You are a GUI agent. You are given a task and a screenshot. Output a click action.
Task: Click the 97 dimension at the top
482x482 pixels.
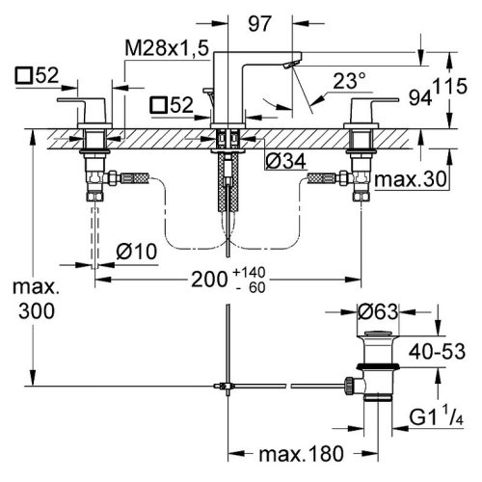[259, 23]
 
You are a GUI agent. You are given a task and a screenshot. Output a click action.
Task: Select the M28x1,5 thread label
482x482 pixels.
[167, 47]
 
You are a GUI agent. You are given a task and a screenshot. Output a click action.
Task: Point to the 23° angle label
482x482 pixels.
[349, 81]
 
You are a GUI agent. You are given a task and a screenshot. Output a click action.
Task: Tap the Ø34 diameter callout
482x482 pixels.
[285, 161]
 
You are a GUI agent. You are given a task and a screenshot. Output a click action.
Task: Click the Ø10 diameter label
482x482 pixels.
[137, 251]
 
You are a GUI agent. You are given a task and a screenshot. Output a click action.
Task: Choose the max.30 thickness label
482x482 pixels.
[411, 179]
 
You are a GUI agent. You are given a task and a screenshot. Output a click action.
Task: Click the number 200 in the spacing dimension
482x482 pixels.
[209, 280]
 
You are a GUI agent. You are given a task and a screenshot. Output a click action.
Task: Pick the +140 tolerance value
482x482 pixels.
[250, 272]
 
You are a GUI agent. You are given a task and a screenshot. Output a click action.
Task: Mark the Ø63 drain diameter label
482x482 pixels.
[378, 311]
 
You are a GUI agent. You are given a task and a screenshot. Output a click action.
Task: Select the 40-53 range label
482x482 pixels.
[437, 351]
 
